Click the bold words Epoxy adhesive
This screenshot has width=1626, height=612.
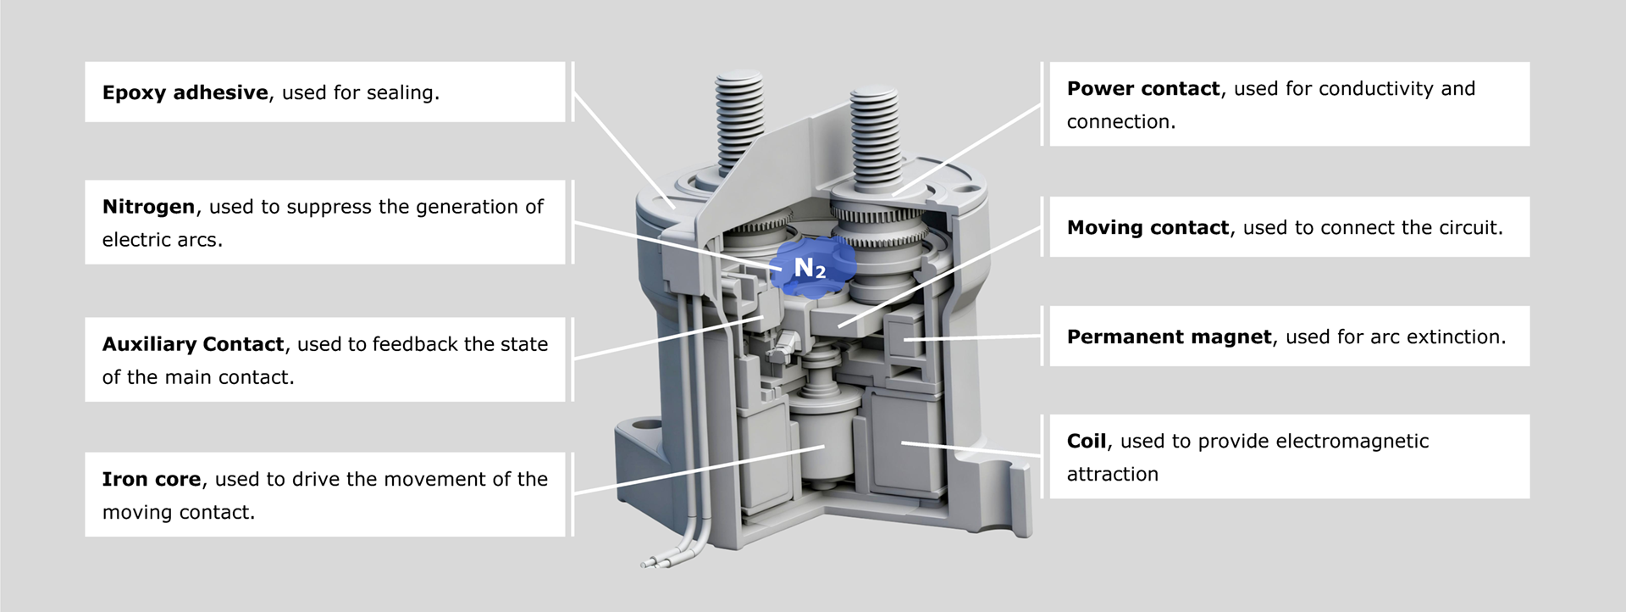[185, 92]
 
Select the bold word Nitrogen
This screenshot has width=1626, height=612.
[148, 207]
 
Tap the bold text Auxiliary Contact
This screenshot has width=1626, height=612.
[192, 344]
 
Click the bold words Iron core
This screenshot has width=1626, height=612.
[151, 480]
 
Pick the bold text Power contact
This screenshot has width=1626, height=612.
[1142, 89]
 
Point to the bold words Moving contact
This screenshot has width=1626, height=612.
[1147, 228]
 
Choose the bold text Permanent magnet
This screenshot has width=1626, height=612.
[1169, 337]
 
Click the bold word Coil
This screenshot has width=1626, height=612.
[1086, 442]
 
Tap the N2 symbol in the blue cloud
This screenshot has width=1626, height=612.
[809, 269]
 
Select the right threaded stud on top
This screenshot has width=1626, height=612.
[875, 136]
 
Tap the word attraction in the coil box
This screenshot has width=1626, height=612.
[1111, 475]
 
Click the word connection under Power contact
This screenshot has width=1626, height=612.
[1120, 122]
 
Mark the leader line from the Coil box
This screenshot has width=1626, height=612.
[974, 449]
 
